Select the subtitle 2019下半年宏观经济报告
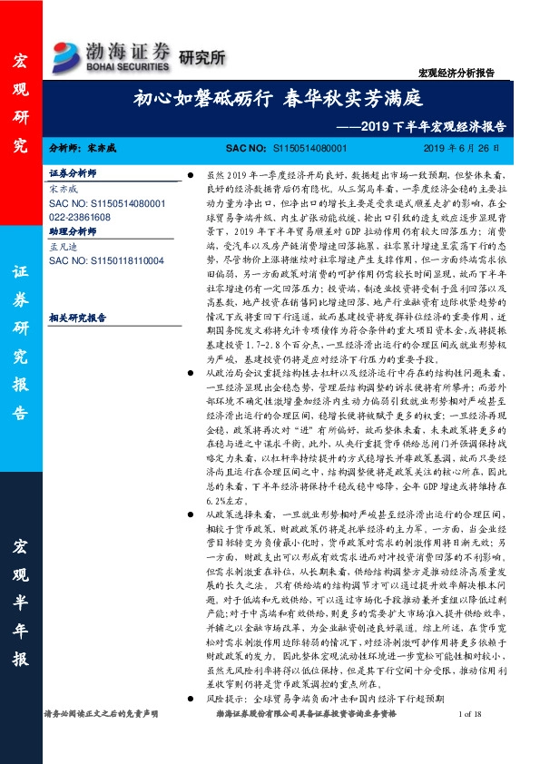pos(432,126)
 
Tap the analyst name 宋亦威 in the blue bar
pos(105,146)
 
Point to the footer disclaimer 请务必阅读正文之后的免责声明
pos(101,741)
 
